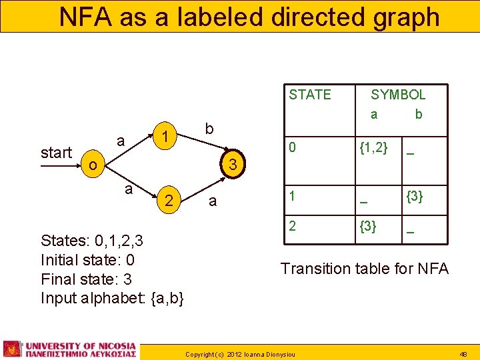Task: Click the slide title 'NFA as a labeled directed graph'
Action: pyautogui.click(x=249, y=17)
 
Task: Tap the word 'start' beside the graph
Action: pyautogui.click(x=56, y=153)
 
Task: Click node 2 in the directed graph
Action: pyautogui.click(x=170, y=200)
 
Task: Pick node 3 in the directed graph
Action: pyautogui.click(x=233, y=164)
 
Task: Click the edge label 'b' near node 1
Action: pyautogui.click(x=209, y=128)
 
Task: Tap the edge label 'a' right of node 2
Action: pyautogui.click(x=212, y=201)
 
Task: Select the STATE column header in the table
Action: pyautogui.click(x=309, y=95)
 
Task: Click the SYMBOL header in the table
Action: pyautogui.click(x=398, y=95)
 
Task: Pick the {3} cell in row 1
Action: pyautogui.click(x=415, y=197)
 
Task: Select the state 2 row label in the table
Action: pyautogui.click(x=291, y=226)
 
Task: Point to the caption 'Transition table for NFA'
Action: pyautogui.click(x=364, y=269)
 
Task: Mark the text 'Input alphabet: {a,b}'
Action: pyautogui.click(x=112, y=298)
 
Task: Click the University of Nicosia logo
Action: pyautogui.click(x=70, y=349)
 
